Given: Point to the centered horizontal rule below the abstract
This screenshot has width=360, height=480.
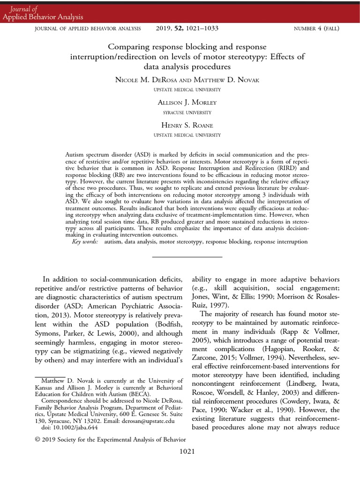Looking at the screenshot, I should tap(187, 257).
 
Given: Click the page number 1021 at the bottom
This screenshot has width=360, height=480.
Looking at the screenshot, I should tap(187, 451).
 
